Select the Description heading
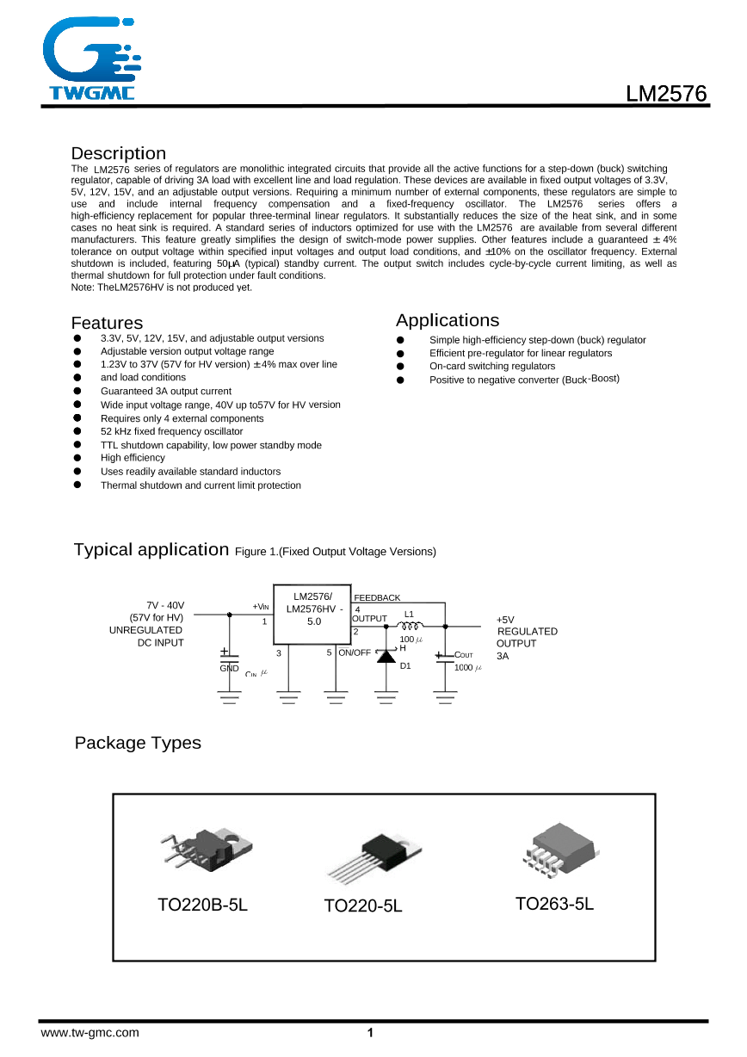coord(119,154)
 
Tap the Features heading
coord(107,324)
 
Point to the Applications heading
coord(447,321)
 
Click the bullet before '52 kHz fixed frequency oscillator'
coord(77,431)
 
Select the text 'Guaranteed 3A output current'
coord(166,391)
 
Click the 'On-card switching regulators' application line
coord(492,367)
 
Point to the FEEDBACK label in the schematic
coord(377,597)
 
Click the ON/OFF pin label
coord(355,652)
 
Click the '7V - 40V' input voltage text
coord(165,605)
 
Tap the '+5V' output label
coord(505,619)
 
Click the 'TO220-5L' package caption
coord(363,906)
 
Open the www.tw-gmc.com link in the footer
coord(90,1033)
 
